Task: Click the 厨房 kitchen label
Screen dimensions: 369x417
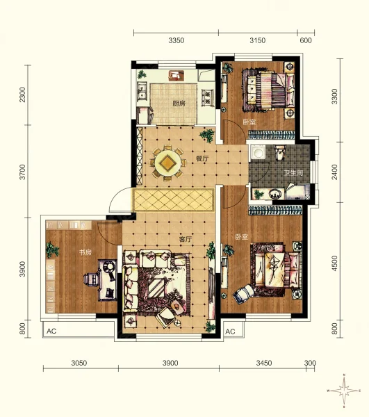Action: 179,104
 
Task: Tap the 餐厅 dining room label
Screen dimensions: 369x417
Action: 202,158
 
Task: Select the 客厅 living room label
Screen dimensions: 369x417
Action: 186,239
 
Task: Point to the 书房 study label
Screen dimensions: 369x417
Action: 85,252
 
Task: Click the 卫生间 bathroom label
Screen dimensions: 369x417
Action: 293,173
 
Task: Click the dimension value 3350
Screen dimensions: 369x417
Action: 177,40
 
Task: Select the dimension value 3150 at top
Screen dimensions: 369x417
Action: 257,40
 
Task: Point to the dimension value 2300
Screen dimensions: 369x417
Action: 23,95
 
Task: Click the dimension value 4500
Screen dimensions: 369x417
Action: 334,263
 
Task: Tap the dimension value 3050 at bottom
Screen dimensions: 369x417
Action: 79,363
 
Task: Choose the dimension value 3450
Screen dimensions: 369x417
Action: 264,363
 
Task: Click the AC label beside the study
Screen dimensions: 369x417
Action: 51,331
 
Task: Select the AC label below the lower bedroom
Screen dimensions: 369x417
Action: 230,332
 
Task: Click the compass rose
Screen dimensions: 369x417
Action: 344,391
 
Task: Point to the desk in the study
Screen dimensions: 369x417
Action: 108,280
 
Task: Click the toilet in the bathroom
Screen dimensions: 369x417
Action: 279,152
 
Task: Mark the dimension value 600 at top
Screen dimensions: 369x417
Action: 306,40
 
